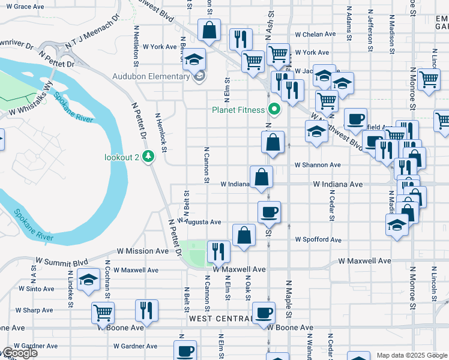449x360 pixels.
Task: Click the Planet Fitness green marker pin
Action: click(x=275, y=109)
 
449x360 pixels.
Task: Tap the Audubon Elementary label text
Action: click(x=151, y=77)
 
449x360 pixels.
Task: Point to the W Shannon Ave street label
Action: click(x=318, y=165)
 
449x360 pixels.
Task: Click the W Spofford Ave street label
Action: click(x=318, y=240)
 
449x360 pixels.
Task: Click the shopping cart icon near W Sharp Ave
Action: click(x=103, y=313)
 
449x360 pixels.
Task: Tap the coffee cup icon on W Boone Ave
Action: click(x=263, y=313)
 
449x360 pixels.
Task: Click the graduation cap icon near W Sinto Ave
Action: click(x=89, y=280)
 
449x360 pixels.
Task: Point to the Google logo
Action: click(x=19, y=353)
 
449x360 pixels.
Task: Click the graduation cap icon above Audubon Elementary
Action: click(x=194, y=59)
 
